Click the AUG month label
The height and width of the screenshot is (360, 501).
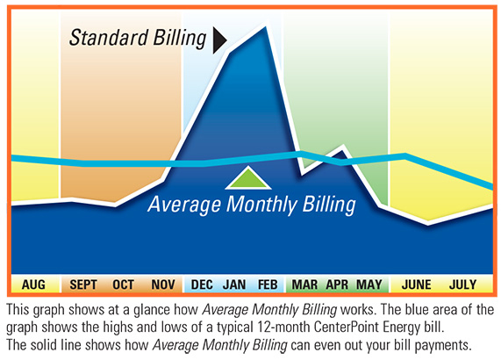click(33, 284)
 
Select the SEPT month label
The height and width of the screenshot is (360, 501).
click(83, 284)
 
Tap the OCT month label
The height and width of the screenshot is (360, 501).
click(124, 284)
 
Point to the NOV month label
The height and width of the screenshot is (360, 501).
click(162, 284)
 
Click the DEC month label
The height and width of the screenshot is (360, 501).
click(201, 284)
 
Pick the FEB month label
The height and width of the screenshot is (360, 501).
click(267, 284)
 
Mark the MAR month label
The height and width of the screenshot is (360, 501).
click(304, 284)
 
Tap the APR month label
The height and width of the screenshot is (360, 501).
click(337, 284)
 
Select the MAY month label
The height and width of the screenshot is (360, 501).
click(369, 284)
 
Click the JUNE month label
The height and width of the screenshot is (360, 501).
click(417, 284)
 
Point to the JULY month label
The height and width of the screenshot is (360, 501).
click(462, 284)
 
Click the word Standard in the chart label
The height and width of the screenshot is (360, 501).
click(103, 39)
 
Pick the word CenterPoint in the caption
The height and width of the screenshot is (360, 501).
click(347, 324)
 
